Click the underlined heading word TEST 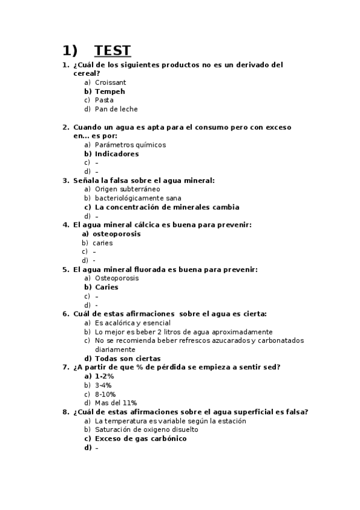[112, 50]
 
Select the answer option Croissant [110, 82]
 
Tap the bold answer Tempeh [110, 91]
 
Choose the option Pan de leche [116, 109]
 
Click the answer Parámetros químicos [130, 145]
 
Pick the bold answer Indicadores [117, 154]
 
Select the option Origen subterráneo [127, 189]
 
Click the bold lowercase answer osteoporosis [117, 234]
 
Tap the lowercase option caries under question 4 [103, 243]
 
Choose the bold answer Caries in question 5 [106, 287]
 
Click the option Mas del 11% [116, 403]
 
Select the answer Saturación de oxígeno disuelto [146, 430]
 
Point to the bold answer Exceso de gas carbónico [141, 439]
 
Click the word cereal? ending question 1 [86, 73]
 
